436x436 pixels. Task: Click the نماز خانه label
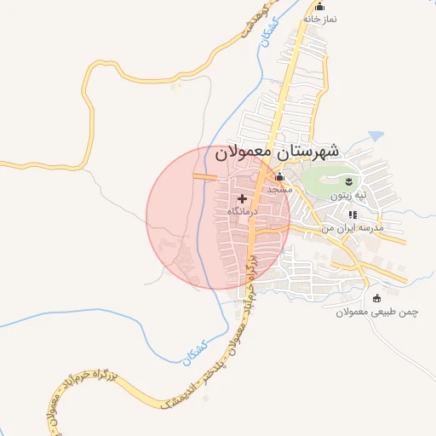320,19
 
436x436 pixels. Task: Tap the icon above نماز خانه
320,7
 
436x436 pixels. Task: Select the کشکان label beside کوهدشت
272,36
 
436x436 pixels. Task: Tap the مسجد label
279,189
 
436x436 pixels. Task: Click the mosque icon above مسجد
280,177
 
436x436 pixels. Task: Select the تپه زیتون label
349,195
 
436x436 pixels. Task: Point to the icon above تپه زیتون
348,182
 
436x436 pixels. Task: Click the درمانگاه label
243,210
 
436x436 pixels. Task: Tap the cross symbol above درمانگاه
243,198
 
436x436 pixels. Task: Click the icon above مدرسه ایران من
352,216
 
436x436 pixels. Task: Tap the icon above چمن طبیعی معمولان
377,298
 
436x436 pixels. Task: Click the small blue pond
376,135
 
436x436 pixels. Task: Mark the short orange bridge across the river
204,177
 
